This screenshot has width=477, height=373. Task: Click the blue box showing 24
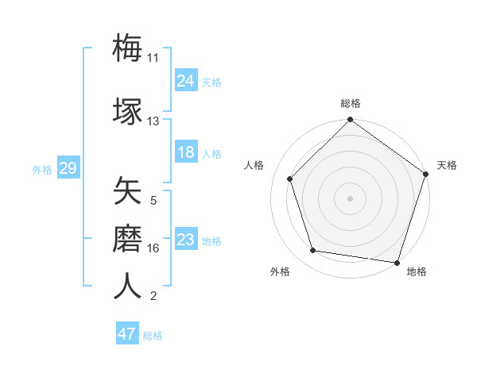[186, 80]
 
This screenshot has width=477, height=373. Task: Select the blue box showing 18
[186, 152]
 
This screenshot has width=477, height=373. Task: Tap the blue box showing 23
[186, 240]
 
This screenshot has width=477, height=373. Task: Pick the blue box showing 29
[68, 168]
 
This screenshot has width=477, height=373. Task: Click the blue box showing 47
[127, 334]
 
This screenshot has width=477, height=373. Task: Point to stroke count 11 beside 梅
[153, 58]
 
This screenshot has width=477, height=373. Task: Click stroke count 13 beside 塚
[153, 121]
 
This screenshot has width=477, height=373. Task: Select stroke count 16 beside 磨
[153, 248]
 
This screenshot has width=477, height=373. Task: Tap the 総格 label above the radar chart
[350, 103]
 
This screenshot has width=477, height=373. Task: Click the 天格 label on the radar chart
[447, 165]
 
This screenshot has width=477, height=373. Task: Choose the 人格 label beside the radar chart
[254, 165]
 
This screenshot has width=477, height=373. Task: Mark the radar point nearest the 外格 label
[313, 251]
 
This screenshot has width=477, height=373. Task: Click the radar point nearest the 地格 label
[397, 262]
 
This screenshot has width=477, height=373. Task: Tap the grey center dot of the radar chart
[350, 198]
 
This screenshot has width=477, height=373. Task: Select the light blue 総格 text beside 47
[153, 336]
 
